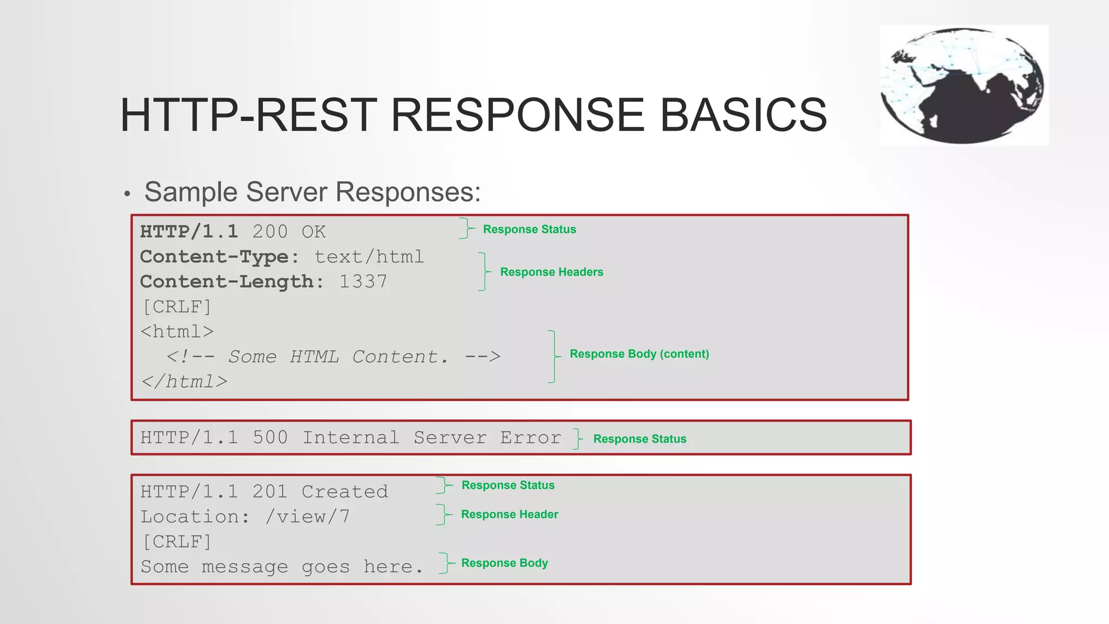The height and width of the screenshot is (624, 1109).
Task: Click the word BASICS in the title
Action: click(743, 115)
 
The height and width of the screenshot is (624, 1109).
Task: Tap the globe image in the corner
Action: click(963, 85)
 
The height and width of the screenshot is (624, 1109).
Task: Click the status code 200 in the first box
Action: click(270, 232)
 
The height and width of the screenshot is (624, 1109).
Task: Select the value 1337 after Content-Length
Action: click(363, 282)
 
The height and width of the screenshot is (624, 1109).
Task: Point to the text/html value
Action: click(369, 257)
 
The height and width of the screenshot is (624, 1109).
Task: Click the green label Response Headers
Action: click(551, 272)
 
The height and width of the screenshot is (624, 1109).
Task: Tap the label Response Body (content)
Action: click(639, 354)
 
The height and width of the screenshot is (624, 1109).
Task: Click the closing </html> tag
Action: click(184, 381)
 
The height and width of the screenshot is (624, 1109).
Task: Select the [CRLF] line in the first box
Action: click(177, 307)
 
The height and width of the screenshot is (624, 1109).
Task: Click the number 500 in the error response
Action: click(270, 438)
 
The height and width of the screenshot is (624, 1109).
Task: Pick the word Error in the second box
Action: click(530, 438)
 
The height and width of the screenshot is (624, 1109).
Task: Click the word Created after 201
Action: click(344, 492)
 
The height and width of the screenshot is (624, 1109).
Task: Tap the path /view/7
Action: click(307, 517)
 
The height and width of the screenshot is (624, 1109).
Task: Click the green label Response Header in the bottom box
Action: click(509, 514)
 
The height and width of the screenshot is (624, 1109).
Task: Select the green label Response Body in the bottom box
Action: click(504, 563)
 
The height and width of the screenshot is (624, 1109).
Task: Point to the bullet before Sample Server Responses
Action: click(127, 193)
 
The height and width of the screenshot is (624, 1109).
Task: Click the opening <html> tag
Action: click(177, 331)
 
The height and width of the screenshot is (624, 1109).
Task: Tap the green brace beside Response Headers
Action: click(484, 271)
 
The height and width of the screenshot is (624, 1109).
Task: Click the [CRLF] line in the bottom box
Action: click(177, 542)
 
